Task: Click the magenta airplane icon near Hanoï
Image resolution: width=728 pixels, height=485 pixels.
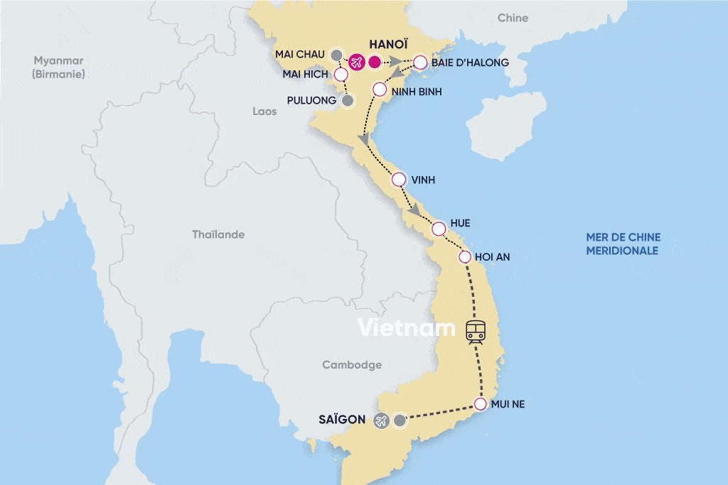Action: pos(356,62)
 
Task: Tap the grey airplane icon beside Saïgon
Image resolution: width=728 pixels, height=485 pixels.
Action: pos(380,420)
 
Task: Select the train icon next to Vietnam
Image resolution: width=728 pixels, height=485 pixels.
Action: pos(476,330)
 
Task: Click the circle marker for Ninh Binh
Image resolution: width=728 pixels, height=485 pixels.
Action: pos(380,90)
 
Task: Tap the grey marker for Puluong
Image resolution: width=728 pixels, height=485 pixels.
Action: pos(347,101)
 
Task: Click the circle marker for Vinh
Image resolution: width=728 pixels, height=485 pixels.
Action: pos(399,180)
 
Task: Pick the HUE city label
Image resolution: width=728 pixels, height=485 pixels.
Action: pos(460,223)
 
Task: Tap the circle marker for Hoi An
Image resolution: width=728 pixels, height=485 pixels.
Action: pos(465,258)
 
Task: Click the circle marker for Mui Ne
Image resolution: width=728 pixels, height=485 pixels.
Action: pos(480,405)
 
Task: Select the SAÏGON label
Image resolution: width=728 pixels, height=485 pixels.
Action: pos(343,420)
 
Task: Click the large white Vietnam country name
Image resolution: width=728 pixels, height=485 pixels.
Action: pos(406,328)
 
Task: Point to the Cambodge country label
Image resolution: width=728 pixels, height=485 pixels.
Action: pos(352,365)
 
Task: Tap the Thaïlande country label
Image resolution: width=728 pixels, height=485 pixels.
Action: pos(218,234)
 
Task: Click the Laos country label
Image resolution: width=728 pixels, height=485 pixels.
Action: pos(264,111)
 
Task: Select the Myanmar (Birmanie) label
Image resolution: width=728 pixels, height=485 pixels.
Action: pos(59,67)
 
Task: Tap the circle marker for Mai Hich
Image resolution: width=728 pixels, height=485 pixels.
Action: pos(341,74)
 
